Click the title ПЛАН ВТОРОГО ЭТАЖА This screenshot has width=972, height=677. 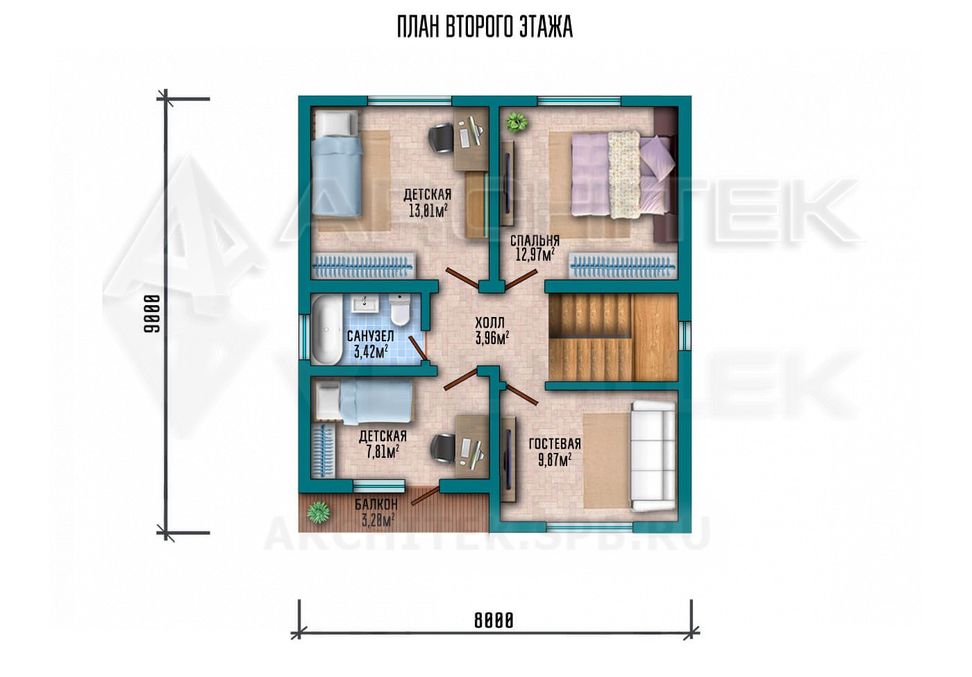tap(485, 26)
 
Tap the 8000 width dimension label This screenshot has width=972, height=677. tap(494, 621)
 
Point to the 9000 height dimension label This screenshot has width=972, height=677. tap(152, 314)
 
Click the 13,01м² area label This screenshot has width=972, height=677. tap(428, 211)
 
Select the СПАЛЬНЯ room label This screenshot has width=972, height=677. tap(535, 240)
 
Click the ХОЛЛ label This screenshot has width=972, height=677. tap(489, 323)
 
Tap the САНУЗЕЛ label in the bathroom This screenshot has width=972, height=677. tap(371, 336)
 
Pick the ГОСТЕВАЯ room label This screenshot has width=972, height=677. tap(555, 444)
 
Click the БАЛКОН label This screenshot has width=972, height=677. tap(376, 504)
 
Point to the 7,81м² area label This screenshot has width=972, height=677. tap(383, 452)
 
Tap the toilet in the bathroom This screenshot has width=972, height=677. tap(400, 309)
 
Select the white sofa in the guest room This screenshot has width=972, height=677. tap(653, 456)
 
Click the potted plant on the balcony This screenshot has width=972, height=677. tap(319, 513)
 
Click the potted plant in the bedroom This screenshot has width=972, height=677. tap(517, 121)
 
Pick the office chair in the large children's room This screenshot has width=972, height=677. tap(442, 137)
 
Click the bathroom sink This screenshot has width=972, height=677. tap(365, 303)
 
